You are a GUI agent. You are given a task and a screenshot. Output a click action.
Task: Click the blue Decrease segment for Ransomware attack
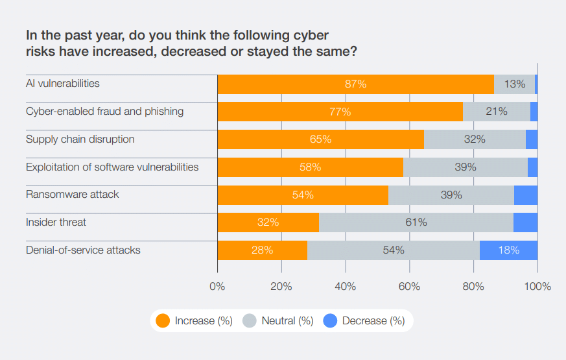(x=526, y=195)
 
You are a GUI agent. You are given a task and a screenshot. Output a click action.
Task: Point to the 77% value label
(x=340, y=112)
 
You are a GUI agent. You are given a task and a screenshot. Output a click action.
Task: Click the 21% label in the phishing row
(x=497, y=112)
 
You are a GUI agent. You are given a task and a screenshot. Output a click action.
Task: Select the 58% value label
(x=310, y=167)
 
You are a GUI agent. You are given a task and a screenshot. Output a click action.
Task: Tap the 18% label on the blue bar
(x=508, y=250)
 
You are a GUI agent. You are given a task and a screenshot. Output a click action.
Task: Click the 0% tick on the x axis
(x=217, y=286)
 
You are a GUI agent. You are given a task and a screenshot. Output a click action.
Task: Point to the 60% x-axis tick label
(x=409, y=286)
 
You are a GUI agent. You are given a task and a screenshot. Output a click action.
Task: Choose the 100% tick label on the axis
(x=537, y=286)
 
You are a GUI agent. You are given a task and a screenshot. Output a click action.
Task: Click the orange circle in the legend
(x=163, y=320)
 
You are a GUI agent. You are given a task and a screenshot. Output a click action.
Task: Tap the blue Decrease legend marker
(x=330, y=320)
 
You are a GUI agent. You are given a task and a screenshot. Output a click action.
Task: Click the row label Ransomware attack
(x=72, y=195)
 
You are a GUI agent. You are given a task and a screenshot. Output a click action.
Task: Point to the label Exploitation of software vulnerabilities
(x=112, y=167)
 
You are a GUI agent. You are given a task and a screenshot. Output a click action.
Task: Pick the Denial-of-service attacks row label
(x=83, y=250)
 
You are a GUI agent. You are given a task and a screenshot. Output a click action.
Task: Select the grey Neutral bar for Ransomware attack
(x=451, y=195)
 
